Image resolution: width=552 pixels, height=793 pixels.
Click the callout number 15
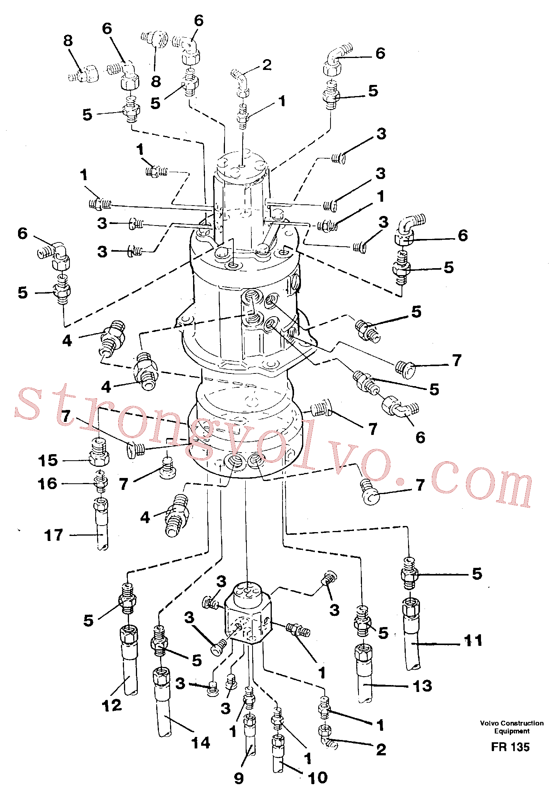point(48,460)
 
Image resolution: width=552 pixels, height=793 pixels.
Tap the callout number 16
point(48,484)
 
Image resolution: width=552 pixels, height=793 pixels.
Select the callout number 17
point(53,535)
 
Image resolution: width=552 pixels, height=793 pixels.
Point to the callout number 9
point(239,778)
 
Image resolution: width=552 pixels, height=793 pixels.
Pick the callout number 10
point(318,778)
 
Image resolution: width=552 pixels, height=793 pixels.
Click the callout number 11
point(473,640)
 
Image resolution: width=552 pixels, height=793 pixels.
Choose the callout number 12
point(112,705)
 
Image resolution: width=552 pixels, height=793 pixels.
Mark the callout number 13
point(422,686)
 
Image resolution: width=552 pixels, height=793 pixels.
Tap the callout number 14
point(201,743)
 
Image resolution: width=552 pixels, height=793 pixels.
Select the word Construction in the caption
point(524,723)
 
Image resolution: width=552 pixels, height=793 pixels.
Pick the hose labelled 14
point(163,701)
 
